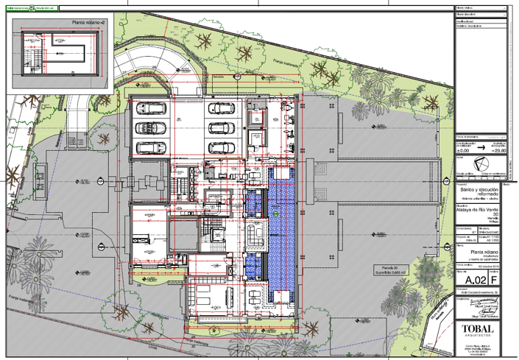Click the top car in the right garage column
(x=222, y=109)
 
